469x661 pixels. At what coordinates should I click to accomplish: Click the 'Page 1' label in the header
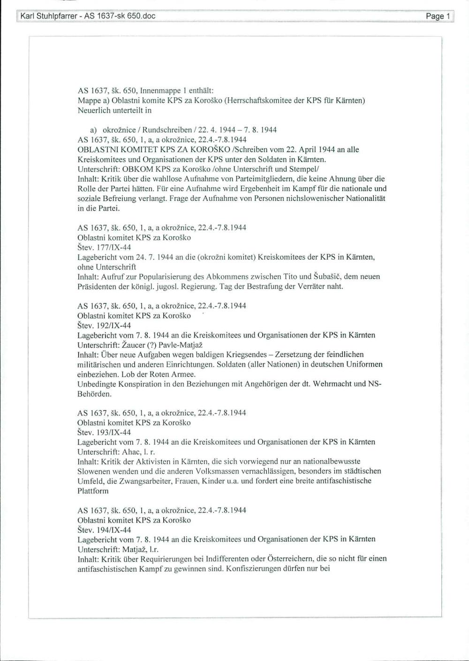coord(438,16)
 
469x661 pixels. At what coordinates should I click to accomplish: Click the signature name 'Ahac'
coord(131,452)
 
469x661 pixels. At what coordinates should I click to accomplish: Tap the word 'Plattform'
coord(93,491)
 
